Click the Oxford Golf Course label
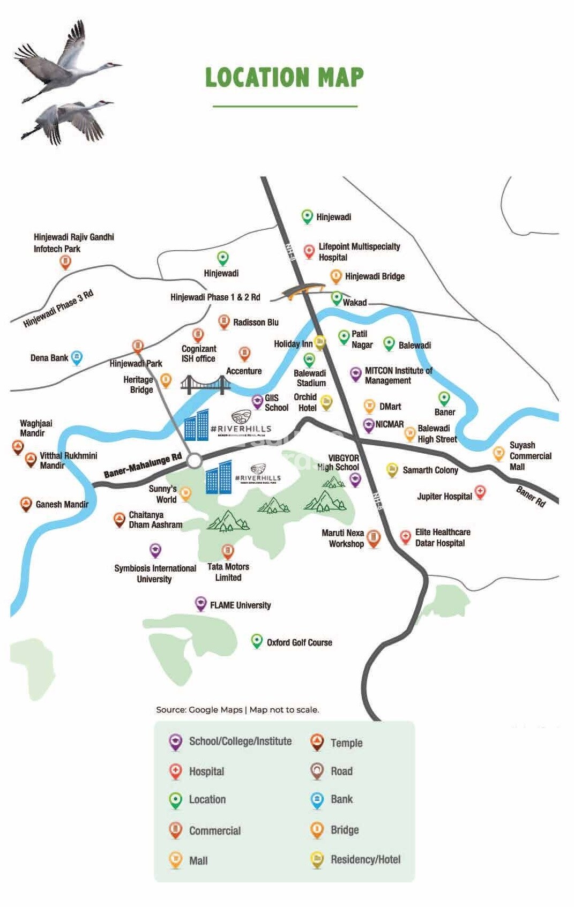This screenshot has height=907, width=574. click(x=299, y=642)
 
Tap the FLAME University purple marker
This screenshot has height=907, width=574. click(x=200, y=603)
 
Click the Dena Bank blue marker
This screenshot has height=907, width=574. click(x=77, y=357)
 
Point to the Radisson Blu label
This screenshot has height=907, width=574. click(x=256, y=323)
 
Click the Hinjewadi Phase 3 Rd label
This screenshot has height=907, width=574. click(x=58, y=308)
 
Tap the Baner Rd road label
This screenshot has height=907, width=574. click(x=531, y=496)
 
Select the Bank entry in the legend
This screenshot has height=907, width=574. click(x=341, y=799)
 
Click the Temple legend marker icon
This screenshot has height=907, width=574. click(x=317, y=741)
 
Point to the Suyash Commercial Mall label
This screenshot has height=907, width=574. click(x=530, y=456)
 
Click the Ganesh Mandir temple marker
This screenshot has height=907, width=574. click(x=25, y=503)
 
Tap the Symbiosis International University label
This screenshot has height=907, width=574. click(x=155, y=574)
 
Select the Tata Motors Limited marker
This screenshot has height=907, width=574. click(x=228, y=551)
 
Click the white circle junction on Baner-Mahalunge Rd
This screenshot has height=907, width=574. click(x=195, y=460)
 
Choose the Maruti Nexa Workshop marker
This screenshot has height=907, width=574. click(x=374, y=537)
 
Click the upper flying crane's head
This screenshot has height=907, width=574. click(x=112, y=65)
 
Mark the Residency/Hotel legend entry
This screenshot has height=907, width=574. click(x=365, y=859)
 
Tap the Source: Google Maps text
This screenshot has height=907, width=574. click(x=199, y=710)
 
